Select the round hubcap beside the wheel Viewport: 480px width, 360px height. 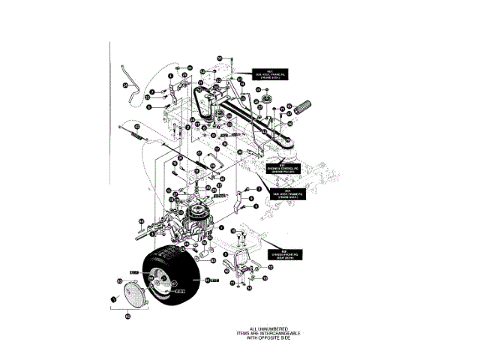(x=130, y=292)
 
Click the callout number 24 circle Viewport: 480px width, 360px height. (x=126, y=85)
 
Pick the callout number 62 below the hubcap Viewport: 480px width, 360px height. (x=127, y=316)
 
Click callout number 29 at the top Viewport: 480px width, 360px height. (x=220, y=57)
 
